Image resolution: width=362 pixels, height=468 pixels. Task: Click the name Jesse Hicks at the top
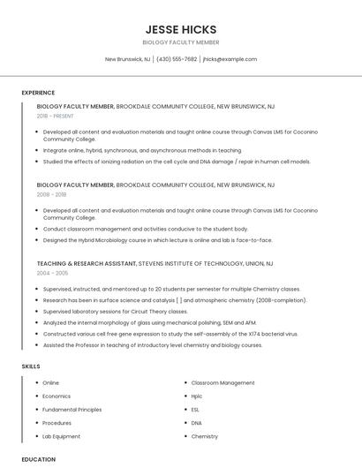180,29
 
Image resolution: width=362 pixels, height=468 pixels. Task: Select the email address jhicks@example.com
230,59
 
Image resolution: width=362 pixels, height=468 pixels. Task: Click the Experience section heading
38,93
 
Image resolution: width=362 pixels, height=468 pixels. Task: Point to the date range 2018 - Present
56,116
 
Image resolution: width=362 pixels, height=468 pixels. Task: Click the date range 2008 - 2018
51,194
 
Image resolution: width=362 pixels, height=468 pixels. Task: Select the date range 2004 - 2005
51,273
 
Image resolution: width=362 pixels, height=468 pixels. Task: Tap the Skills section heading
31,366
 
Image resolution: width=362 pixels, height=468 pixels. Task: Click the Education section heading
38,459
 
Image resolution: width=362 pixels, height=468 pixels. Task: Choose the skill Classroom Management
222,383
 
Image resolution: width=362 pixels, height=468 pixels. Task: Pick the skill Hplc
197,396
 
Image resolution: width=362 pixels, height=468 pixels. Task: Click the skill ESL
195,410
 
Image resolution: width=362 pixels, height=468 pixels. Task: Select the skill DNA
196,423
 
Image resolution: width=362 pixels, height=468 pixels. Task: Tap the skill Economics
57,396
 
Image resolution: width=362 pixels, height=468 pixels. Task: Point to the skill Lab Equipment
61,436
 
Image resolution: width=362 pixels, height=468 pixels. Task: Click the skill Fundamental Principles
72,410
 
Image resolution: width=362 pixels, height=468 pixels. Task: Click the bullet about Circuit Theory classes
115,311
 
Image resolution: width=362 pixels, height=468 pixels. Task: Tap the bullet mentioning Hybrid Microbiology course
157,240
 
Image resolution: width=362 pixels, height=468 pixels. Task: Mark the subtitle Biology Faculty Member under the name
180,42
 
